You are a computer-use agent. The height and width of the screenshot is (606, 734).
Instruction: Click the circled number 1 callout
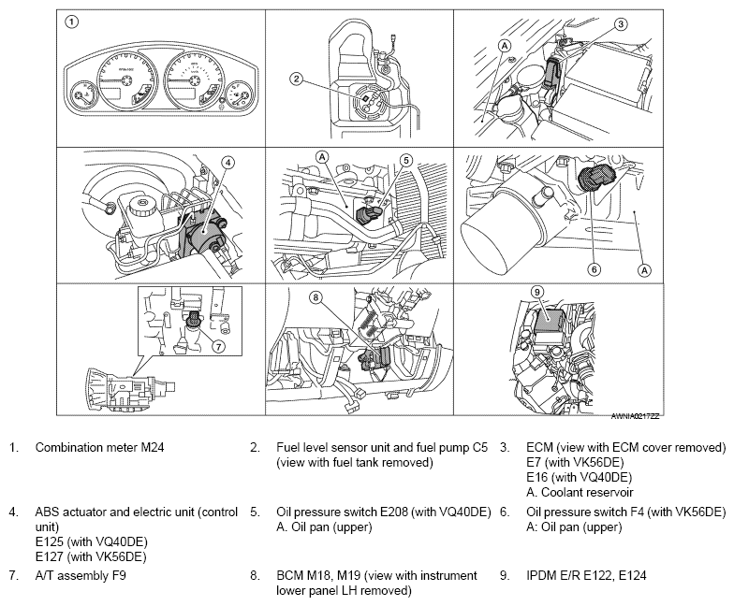click(x=71, y=22)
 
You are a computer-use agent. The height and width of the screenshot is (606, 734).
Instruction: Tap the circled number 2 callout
click(x=296, y=79)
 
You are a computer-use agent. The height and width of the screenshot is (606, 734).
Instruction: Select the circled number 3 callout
click(x=621, y=24)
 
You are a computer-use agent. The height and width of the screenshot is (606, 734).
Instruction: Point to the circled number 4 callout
click(x=228, y=163)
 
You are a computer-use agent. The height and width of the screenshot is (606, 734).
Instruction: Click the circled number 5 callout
click(x=406, y=161)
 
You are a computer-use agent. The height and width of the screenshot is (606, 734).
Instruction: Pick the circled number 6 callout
click(x=594, y=269)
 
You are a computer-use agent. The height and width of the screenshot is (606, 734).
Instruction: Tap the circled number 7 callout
click(x=219, y=346)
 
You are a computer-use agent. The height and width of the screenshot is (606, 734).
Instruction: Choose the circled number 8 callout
click(x=316, y=297)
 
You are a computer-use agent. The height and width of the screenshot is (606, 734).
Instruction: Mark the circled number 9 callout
click(x=537, y=292)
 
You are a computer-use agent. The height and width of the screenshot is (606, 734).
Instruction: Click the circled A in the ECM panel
click(x=505, y=45)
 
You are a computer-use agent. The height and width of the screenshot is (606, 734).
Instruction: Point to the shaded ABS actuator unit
click(x=202, y=232)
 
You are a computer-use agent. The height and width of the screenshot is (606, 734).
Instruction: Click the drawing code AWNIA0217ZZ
click(x=635, y=416)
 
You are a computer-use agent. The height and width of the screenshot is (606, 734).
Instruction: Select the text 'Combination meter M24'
click(x=99, y=447)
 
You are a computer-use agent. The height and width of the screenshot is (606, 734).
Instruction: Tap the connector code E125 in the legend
click(x=51, y=542)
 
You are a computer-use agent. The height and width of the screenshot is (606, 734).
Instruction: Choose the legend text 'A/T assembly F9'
click(x=81, y=575)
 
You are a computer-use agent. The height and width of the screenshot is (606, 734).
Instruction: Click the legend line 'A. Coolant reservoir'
click(x=580, y=492)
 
